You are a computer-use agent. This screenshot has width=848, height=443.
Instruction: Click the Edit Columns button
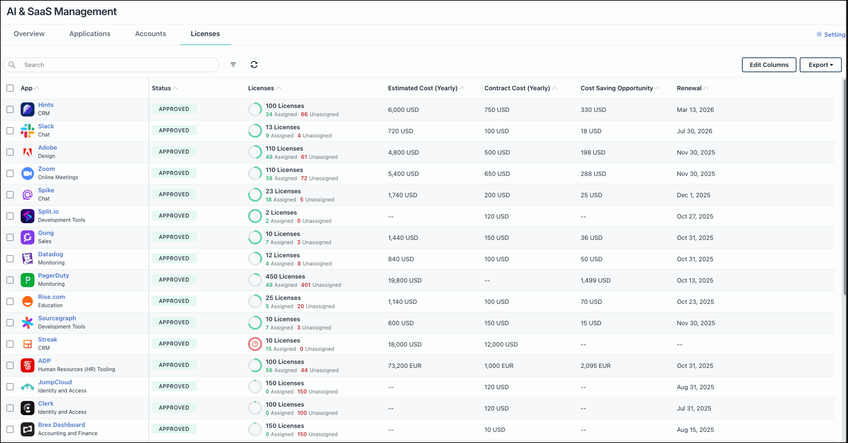[768, 65]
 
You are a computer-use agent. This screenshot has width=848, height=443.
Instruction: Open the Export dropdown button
[820, 65]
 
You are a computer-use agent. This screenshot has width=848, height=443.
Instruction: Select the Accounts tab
[150, 34]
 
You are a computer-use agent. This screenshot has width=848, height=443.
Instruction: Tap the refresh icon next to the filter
[254, 65]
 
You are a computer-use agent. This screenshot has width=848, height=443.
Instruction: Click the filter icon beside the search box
[233, 65]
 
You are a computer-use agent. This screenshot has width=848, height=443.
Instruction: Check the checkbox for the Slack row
[10, 131]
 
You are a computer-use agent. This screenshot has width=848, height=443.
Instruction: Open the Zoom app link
[46, 169]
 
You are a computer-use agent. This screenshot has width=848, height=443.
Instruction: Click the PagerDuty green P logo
[27, 280]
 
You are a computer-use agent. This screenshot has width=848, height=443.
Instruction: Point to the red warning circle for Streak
[255, 344]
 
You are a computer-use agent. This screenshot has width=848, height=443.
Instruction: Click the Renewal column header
[689, 88]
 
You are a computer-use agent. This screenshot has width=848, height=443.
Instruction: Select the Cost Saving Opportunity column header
[616, 88]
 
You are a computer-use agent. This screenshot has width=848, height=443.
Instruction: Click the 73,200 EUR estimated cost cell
[404, 366]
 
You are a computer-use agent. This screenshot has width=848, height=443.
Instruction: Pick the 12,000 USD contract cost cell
[501, 345]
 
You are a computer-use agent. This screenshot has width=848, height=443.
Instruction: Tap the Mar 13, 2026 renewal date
[695, 110]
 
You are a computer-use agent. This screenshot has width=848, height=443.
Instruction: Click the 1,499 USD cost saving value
[595, 281]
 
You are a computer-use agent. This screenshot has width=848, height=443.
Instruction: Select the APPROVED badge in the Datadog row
[174, 258]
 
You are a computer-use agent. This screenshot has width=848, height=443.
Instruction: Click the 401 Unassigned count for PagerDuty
[321, 285]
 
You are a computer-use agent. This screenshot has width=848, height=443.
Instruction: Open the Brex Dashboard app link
[61, 425]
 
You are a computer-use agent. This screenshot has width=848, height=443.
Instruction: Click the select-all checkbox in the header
[10, 88]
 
